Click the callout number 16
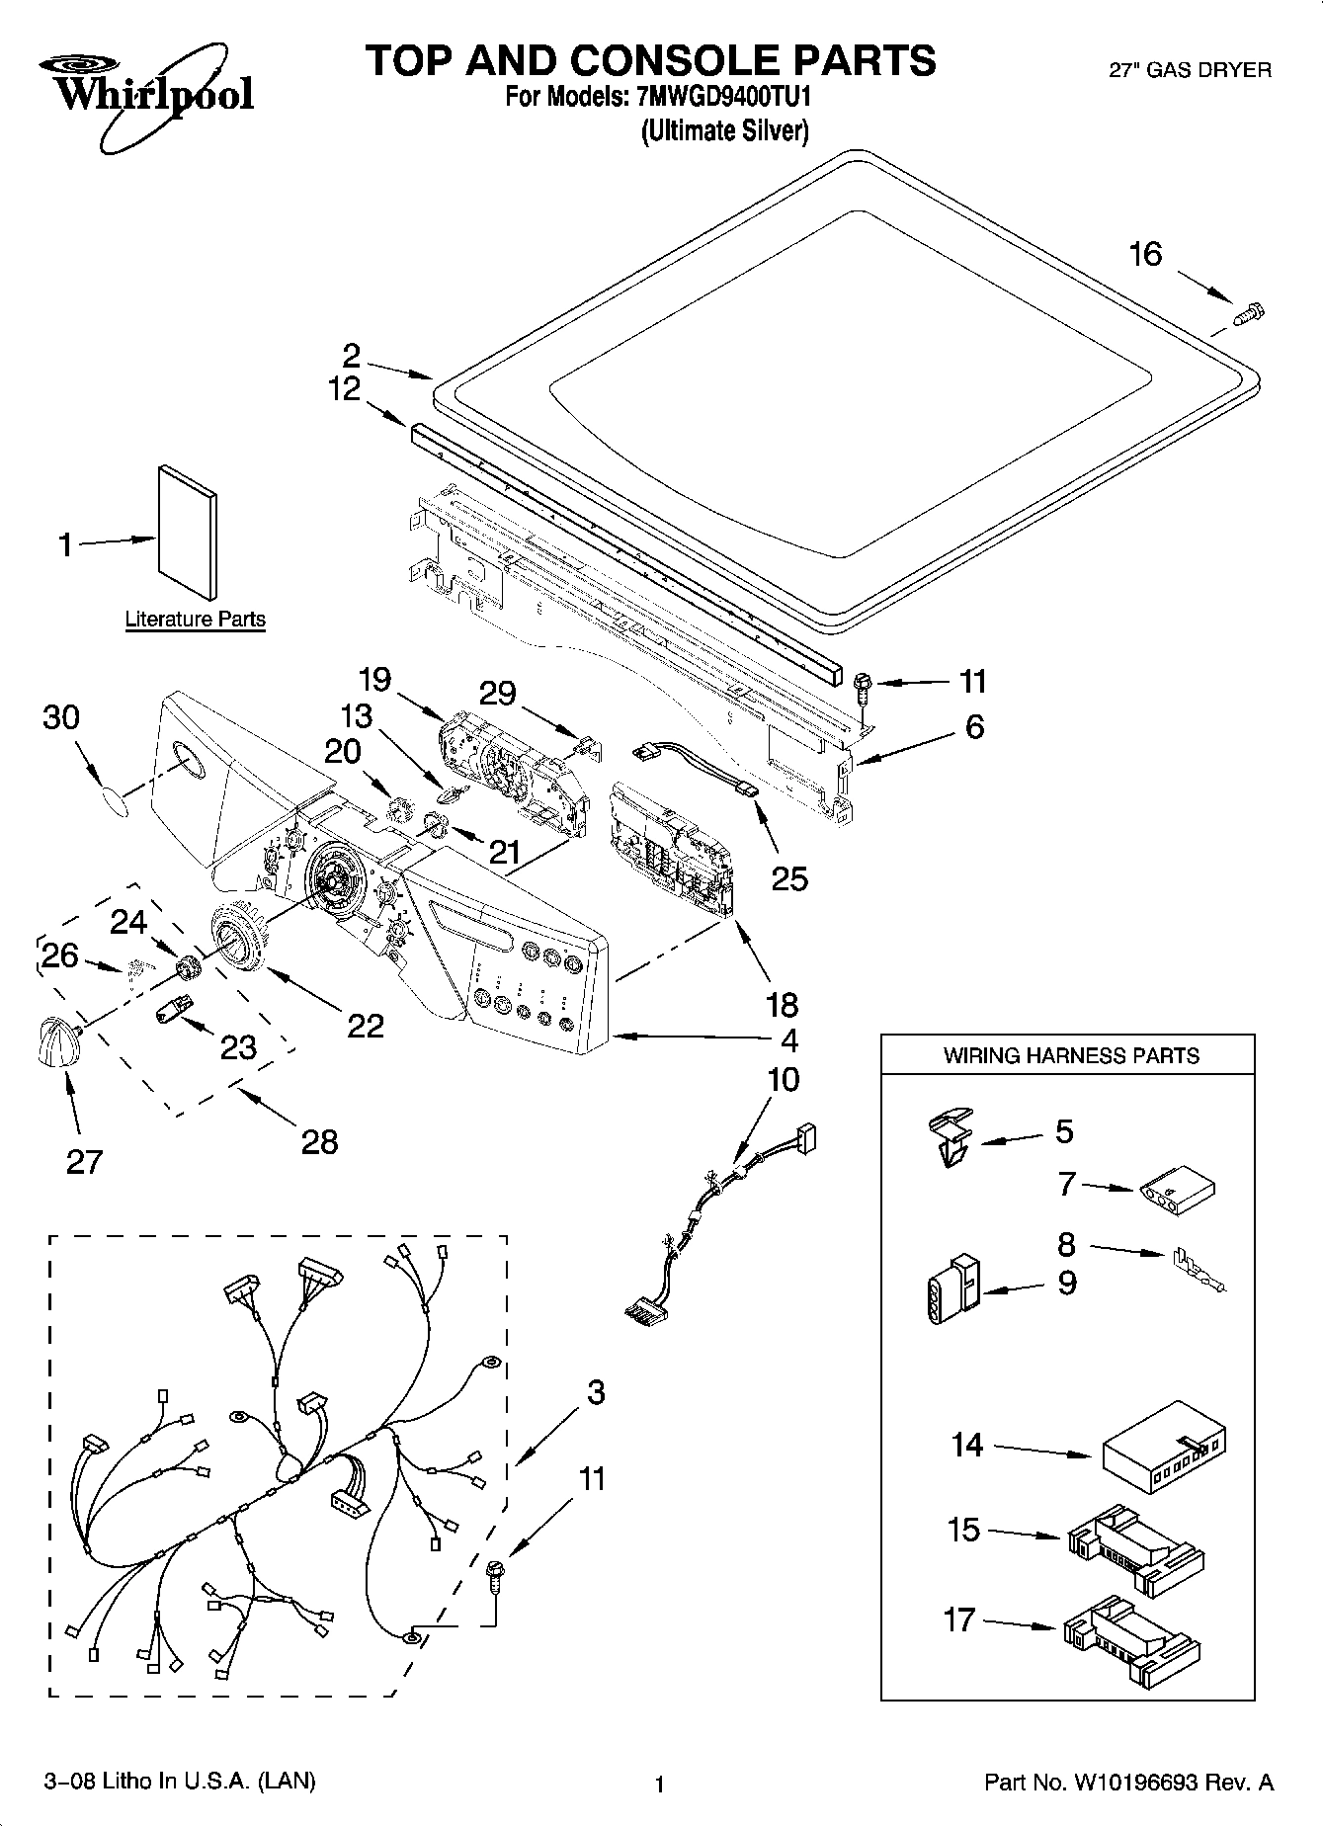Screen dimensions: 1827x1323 tap(1145, 254)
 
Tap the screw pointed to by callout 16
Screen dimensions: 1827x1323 tap(1250, 314)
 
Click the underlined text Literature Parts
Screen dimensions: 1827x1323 tap(195, 620)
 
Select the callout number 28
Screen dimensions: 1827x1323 tap(318, 1141)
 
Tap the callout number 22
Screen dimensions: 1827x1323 tap(365, 1026)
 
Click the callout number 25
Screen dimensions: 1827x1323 tap(788, 877)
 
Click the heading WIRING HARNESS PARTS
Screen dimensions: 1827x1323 tap(1070, 1055)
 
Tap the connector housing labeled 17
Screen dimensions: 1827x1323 tap(1131, 1640)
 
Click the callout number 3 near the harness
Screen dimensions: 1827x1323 tap(595, 1392)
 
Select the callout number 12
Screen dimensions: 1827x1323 tap(344, 389)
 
